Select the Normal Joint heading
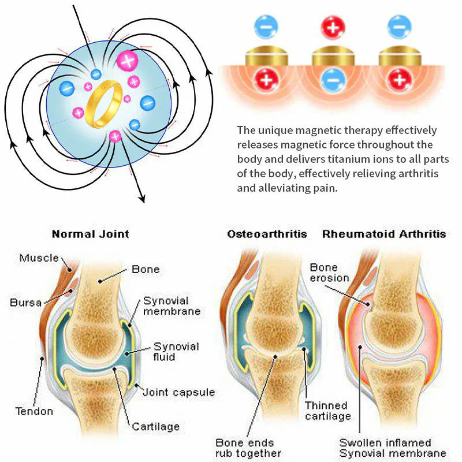(90, 234)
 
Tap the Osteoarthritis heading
(267, 234)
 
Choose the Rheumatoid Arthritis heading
(384, 234)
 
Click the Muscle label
(39, 258)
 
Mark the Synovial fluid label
(176, 352)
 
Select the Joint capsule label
(178, 392)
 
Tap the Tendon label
(34, 411)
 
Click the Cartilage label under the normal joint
(155, 427)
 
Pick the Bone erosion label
(329, 273)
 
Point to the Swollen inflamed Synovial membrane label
(393, 448)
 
